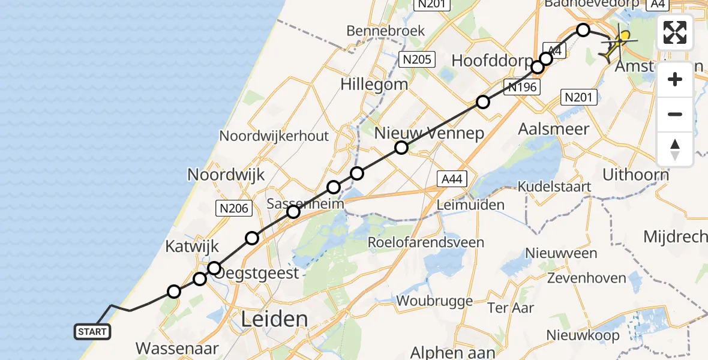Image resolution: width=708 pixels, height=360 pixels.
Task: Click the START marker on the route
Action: [x=92, y=332]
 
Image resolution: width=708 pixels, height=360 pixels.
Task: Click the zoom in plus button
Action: [x=675, y=79]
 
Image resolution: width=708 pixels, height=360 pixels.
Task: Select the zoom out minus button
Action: [x=675, y=114]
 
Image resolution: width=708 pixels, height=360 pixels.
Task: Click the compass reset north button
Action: [x=675, y=149]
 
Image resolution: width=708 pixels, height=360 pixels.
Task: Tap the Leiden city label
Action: [x=274, y=319]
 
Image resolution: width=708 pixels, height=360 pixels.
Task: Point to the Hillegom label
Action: [x=374, y=84]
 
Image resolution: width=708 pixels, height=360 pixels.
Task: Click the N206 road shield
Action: [x=233, y=208]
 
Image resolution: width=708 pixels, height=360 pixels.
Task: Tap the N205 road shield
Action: [x=416, y=59]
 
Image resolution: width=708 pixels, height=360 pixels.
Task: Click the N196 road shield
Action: [x=523, y=87]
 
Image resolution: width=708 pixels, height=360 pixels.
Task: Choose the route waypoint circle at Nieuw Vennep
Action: [x=401, y=148]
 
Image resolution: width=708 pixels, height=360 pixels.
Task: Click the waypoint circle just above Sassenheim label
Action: [x=334, y=187]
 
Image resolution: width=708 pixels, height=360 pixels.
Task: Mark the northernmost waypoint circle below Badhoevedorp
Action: [x=583, y=29]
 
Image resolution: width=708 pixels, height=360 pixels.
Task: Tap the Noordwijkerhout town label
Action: [x=274, y=136]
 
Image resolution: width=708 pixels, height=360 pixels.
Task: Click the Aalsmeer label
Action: [x=553, y=128]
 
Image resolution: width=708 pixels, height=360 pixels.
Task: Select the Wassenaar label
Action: [x=177, y=348]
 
